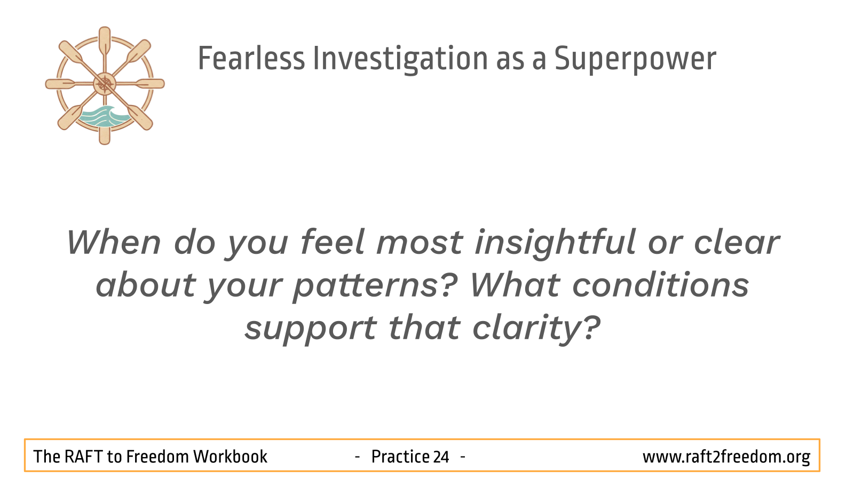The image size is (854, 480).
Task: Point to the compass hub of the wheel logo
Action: [105, 84]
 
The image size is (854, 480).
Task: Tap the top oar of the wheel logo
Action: [105, 42]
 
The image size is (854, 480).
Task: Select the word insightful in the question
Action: [555, 244]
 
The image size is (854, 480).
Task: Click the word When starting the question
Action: [114, 242]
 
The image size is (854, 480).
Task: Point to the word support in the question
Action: [311, 330]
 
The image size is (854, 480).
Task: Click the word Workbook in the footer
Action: [230, 457]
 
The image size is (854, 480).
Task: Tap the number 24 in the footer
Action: [441, 457]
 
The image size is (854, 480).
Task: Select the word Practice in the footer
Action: [400, 457]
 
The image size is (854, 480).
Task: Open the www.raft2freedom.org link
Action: [726, 457]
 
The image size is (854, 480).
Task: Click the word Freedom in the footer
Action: [157, 457]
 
